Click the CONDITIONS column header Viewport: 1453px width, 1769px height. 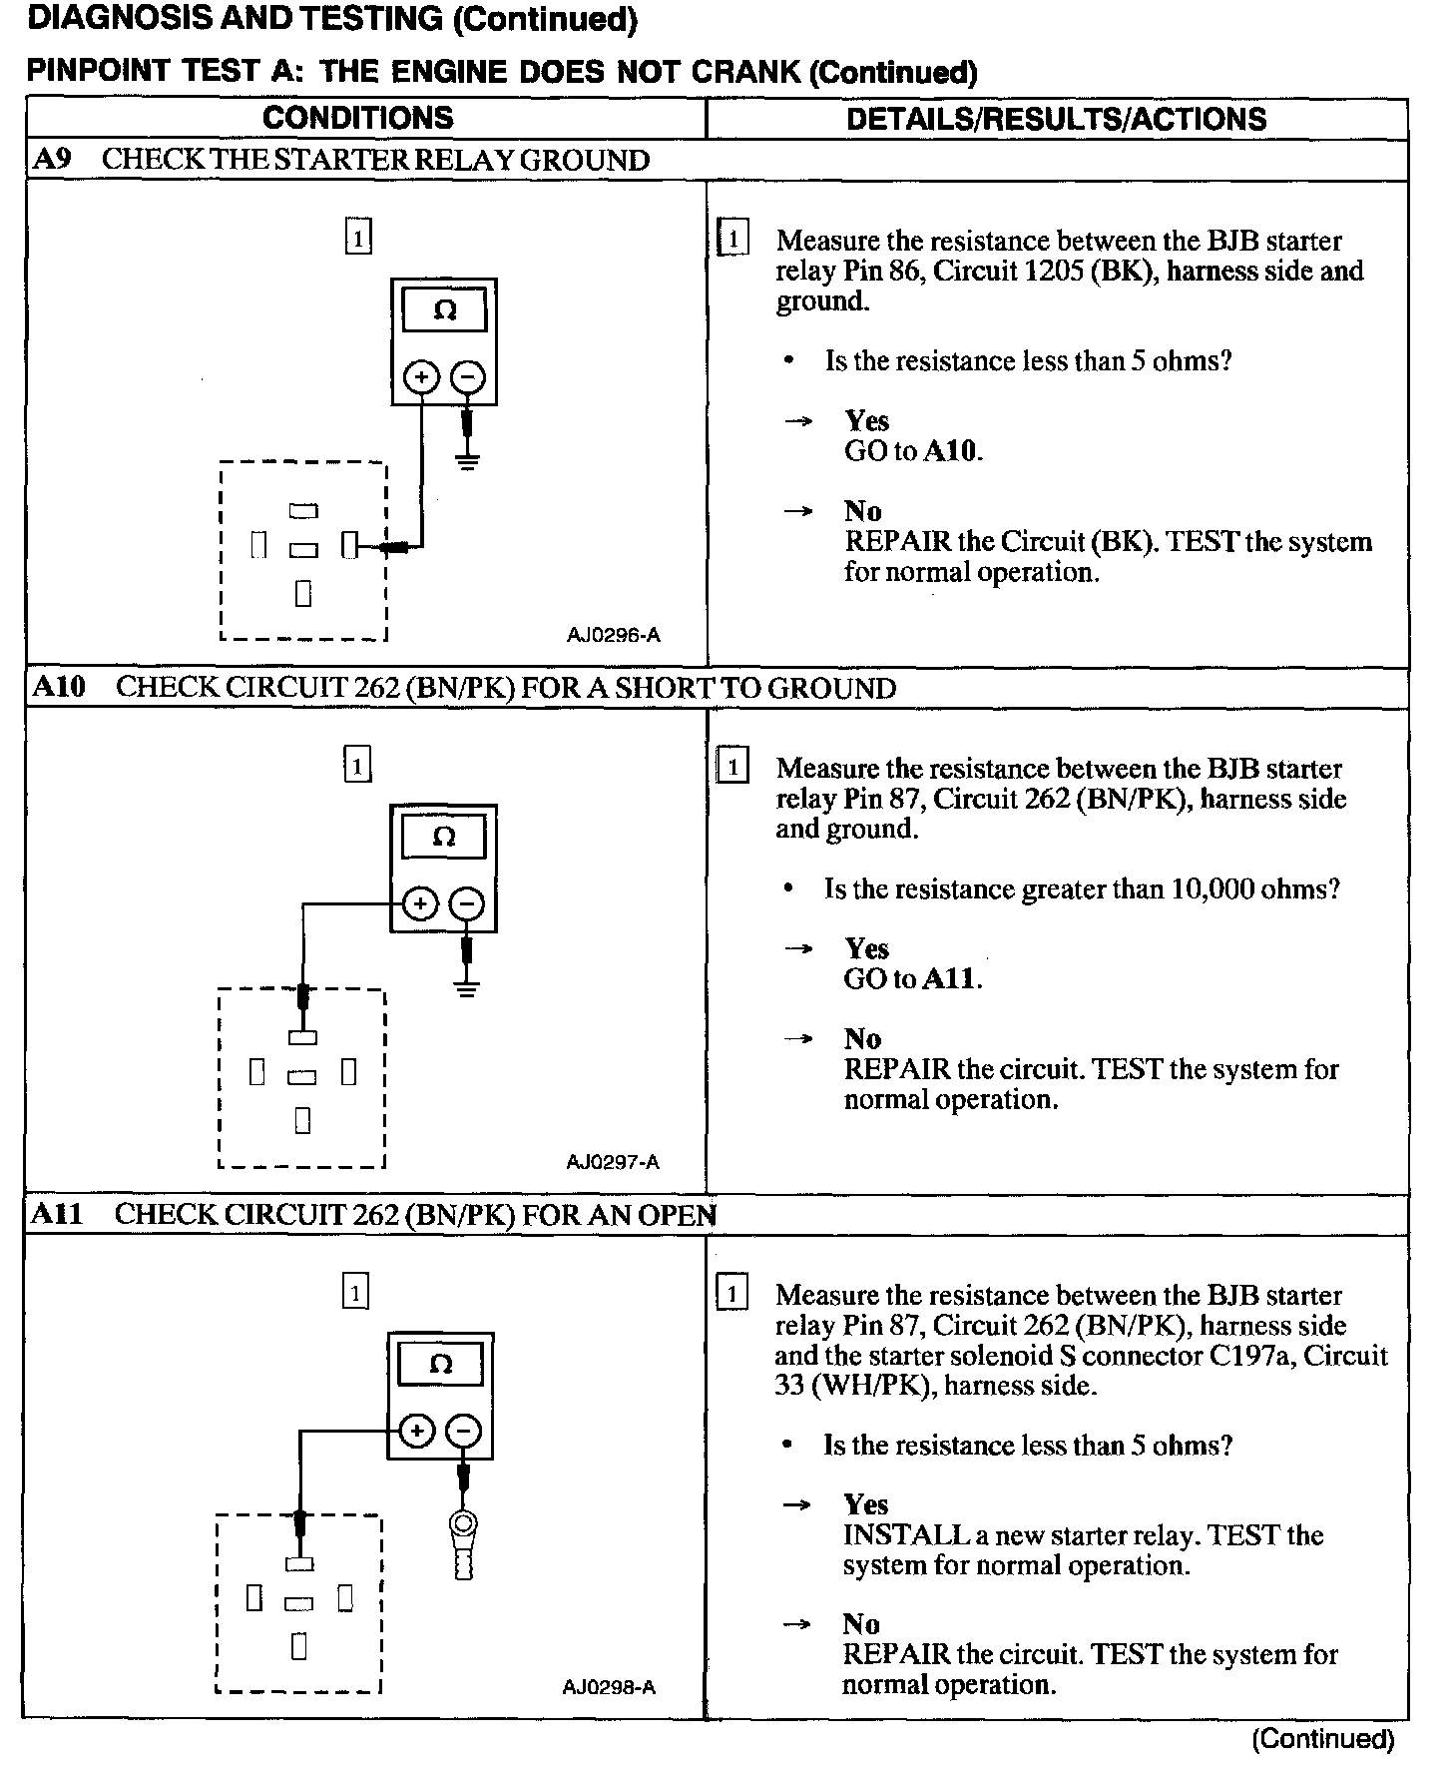[357, 118]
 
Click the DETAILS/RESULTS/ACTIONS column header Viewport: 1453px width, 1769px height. [1056, 119]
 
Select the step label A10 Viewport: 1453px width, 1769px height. [60, 687]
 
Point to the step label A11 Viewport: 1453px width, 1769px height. [58, 1214]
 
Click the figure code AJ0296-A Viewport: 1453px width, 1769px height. [613, 635]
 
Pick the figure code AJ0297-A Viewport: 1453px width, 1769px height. [612, 1162]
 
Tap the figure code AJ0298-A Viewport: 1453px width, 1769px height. [609, 1687]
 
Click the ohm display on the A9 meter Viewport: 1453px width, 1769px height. [444, 310]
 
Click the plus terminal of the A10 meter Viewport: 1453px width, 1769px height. [420, 904]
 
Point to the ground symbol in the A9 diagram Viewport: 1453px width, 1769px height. [467, 460]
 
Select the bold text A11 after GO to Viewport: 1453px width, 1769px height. [948, 978]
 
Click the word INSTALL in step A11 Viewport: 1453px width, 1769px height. [906, 1534]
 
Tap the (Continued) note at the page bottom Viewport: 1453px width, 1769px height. [1322, 1738]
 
